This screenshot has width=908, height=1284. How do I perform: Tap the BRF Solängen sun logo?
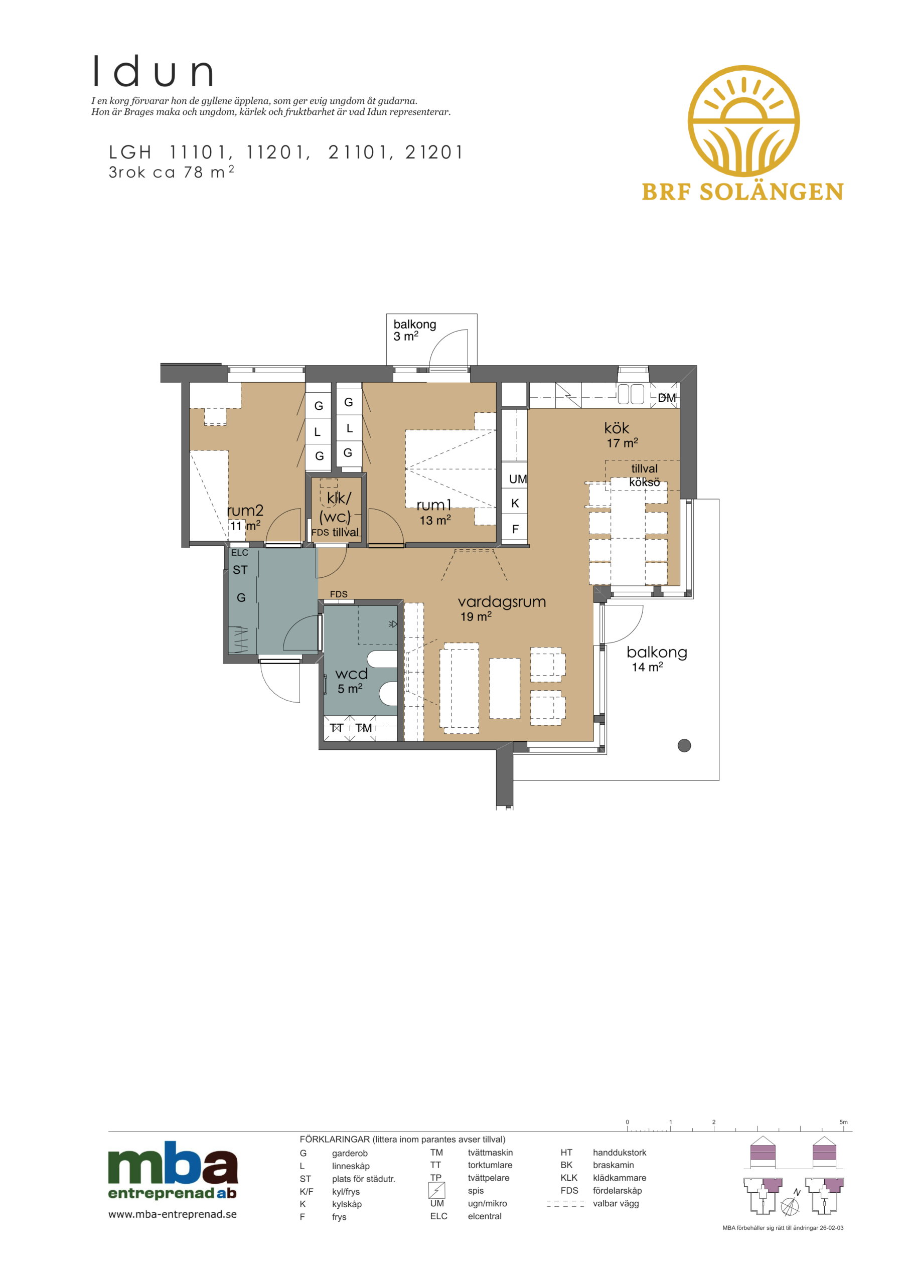point(743,120)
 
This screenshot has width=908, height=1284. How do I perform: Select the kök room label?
point(617,428)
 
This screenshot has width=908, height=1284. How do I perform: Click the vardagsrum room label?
point(501,602)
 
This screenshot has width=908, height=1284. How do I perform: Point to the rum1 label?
point(433,505)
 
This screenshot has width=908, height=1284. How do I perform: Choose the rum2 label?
point(245,510)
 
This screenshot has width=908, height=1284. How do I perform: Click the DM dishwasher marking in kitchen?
point(666,398)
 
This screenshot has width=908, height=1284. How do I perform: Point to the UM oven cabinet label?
point(518,478)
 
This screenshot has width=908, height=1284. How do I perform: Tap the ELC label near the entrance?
point(239,553)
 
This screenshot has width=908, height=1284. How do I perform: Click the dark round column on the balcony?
point(684,745)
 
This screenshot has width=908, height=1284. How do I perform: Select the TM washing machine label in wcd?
point(364,728)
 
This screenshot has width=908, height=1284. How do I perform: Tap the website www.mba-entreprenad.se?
point(172,1214)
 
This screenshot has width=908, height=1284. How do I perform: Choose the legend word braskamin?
point(613,1165)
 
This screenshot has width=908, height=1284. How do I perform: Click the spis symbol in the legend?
point(436,1190)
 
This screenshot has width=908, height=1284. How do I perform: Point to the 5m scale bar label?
point(843,1122)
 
